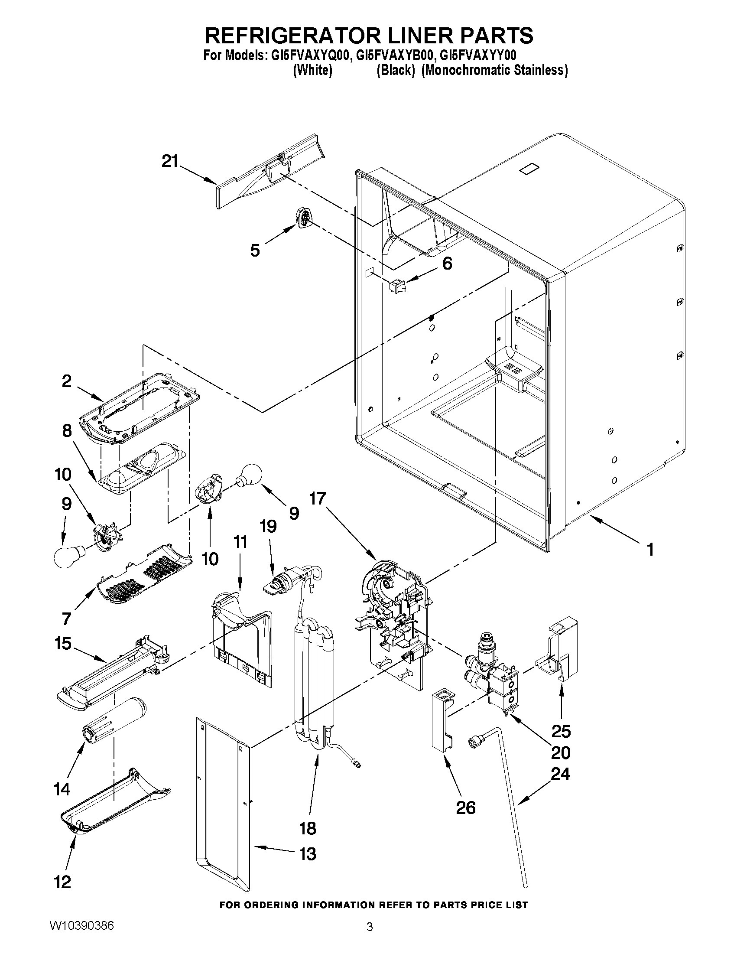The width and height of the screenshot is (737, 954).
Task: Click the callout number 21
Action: tap(170, 161)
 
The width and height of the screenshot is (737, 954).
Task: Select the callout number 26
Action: tap(465, 807)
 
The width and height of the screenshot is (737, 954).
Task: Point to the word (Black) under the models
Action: tap(395, 70)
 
